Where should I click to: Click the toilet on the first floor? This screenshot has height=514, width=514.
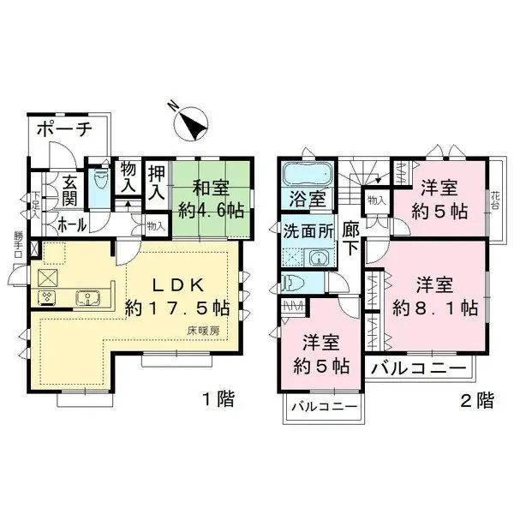(x=99, y=182)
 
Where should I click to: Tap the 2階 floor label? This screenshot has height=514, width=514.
(x=476, y=398)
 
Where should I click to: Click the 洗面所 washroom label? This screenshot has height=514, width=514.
(x=307, y=230)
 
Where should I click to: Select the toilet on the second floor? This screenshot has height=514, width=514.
(x=293, y=283)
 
